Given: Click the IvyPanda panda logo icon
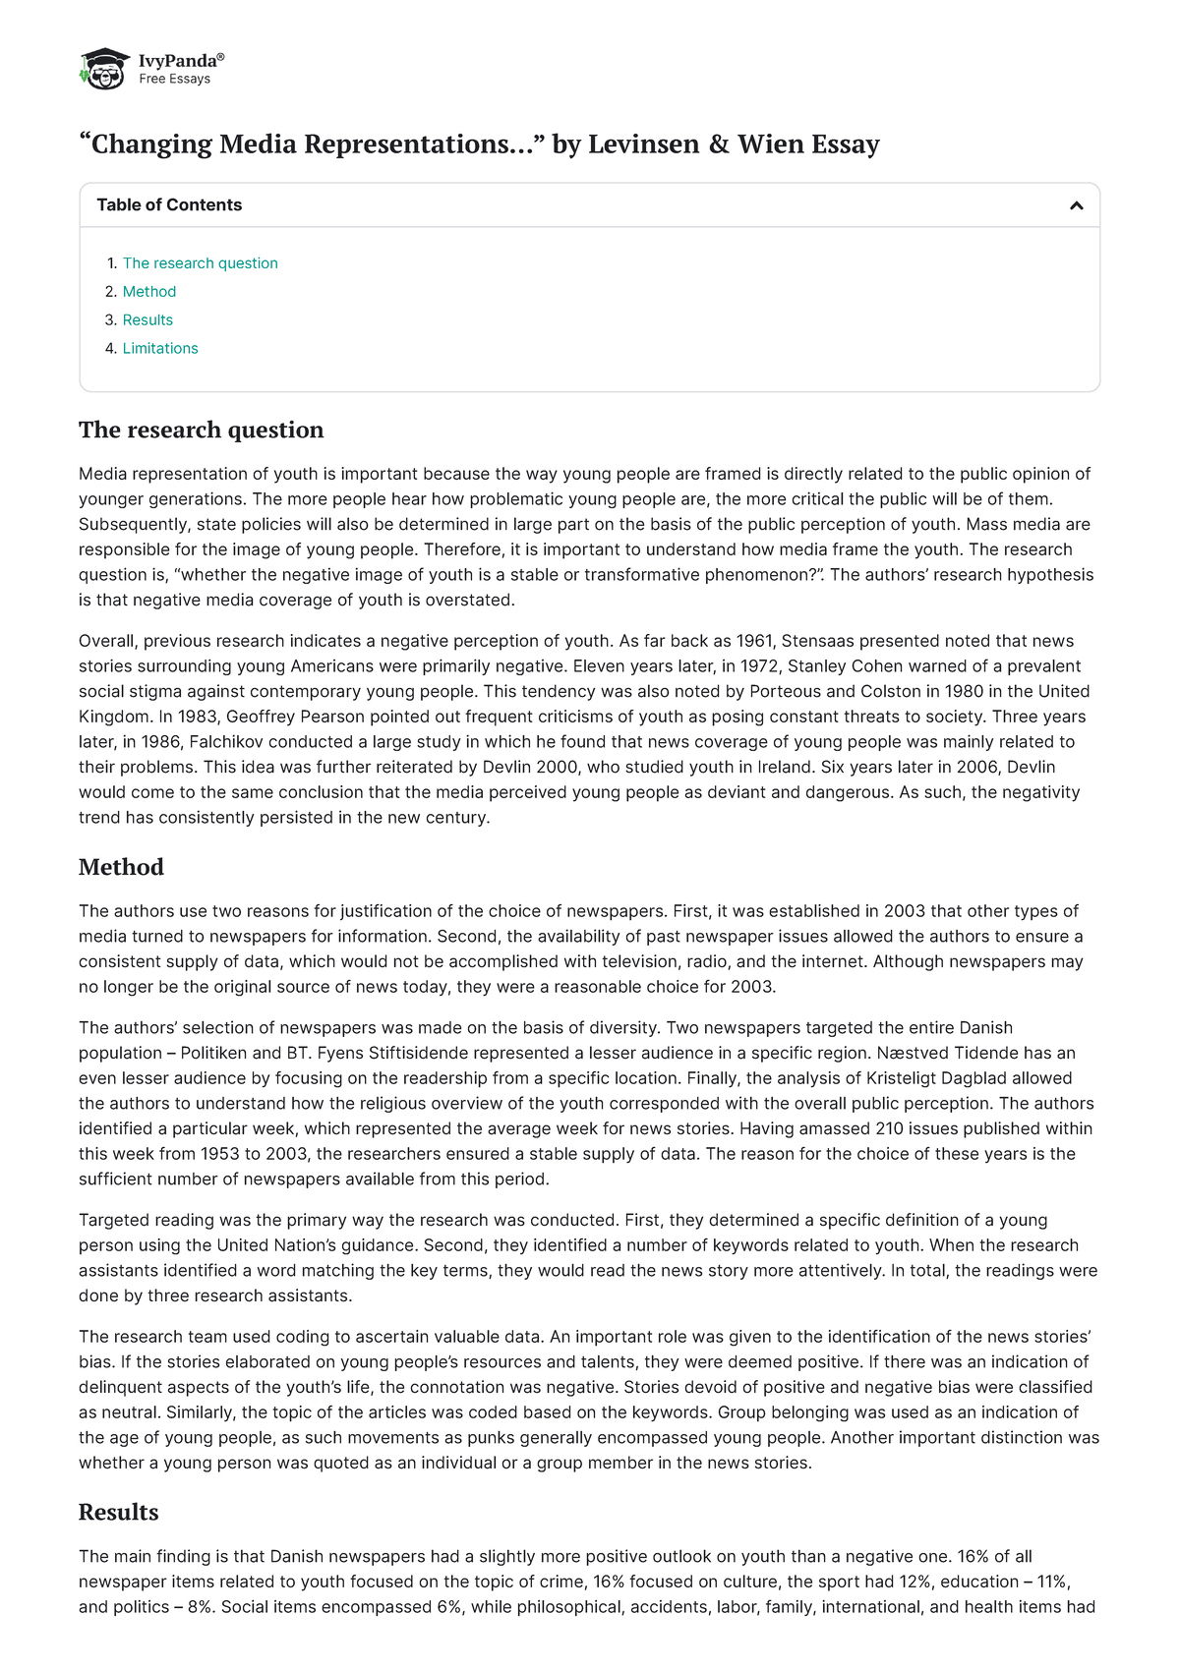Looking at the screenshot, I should pyautogui.click(x=104, y=69).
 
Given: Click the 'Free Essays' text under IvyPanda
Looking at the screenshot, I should pyautogui.click(x=174, y=79).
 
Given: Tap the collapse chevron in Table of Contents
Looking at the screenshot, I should pyautogui.click(x=1076, y=205).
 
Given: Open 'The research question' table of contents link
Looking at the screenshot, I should pyautogui.click(x=200, y=263).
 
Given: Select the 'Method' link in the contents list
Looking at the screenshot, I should pyautogui.click(x=149, y=292).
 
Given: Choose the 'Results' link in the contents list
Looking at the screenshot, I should pyautogui.click(x=147, y=320).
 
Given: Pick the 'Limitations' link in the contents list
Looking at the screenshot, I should pyautogui.click(x=160, y=349).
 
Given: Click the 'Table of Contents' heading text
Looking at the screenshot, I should pyautogui.click(x=169, y=205).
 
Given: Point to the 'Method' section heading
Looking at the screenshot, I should pyautogui.click(x=121, y=867).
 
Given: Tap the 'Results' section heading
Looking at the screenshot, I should pyautogui.click(x=118, y=1512).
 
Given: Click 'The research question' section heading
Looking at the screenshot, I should pyautogui.click(x=201, y=431).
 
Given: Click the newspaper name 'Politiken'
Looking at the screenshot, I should pyautogui.click(x=216, y=1053).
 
